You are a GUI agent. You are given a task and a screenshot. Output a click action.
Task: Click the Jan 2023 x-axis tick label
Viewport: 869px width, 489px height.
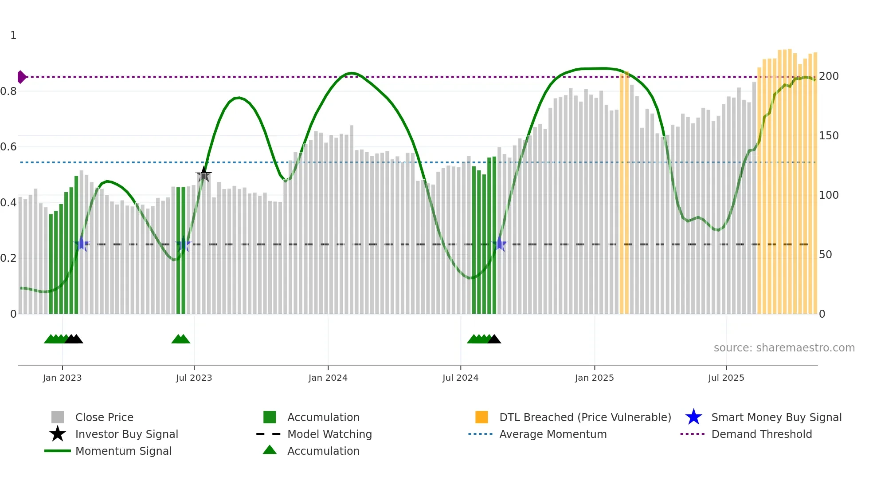tap(62, 378)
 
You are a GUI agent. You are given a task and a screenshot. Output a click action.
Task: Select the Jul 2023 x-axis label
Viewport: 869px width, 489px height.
tap(194, 378)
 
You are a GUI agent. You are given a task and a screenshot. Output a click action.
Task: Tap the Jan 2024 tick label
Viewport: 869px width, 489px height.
tap(328, 378)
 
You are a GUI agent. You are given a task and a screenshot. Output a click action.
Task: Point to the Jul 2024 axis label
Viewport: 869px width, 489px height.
tap(460, 378)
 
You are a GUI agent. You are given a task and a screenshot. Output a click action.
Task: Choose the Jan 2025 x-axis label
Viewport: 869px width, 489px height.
tap(594, 378)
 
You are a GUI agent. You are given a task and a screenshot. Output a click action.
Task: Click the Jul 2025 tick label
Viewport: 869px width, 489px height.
tap(726, 378)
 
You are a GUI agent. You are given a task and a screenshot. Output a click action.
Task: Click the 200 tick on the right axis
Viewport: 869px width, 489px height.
tap(829, 76)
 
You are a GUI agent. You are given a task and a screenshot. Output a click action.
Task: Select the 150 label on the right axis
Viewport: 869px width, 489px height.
tap(829, 136)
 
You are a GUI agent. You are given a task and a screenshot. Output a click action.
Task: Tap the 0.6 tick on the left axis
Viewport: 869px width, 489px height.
tap(8, 147)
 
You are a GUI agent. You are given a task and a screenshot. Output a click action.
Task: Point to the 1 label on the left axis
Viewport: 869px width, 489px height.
tap(13, 35)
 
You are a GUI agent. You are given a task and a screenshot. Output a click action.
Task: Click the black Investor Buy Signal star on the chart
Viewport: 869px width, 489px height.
tap(204, 174)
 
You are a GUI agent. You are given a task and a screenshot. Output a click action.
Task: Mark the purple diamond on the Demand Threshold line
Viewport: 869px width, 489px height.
tap(21, 77)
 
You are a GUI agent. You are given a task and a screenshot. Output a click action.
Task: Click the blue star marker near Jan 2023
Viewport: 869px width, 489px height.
tap(81, 244)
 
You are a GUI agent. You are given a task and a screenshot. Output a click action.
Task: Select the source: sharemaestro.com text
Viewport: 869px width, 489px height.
tap(784, 348)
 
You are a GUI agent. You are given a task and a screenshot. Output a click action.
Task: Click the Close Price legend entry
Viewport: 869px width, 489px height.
tap(104, 417)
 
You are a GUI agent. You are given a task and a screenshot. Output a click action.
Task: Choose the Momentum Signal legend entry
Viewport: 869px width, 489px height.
tap(123, 451)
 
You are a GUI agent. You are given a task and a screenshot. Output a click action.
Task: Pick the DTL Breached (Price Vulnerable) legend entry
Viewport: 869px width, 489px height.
tap(585, 417)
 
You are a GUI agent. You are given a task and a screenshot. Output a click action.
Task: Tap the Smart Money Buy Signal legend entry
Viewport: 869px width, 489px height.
tap(776, 417)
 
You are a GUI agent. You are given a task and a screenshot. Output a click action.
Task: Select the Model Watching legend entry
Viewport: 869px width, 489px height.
tap(329, 434)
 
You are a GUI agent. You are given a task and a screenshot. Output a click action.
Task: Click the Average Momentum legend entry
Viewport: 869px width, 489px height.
tap(552, 434)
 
